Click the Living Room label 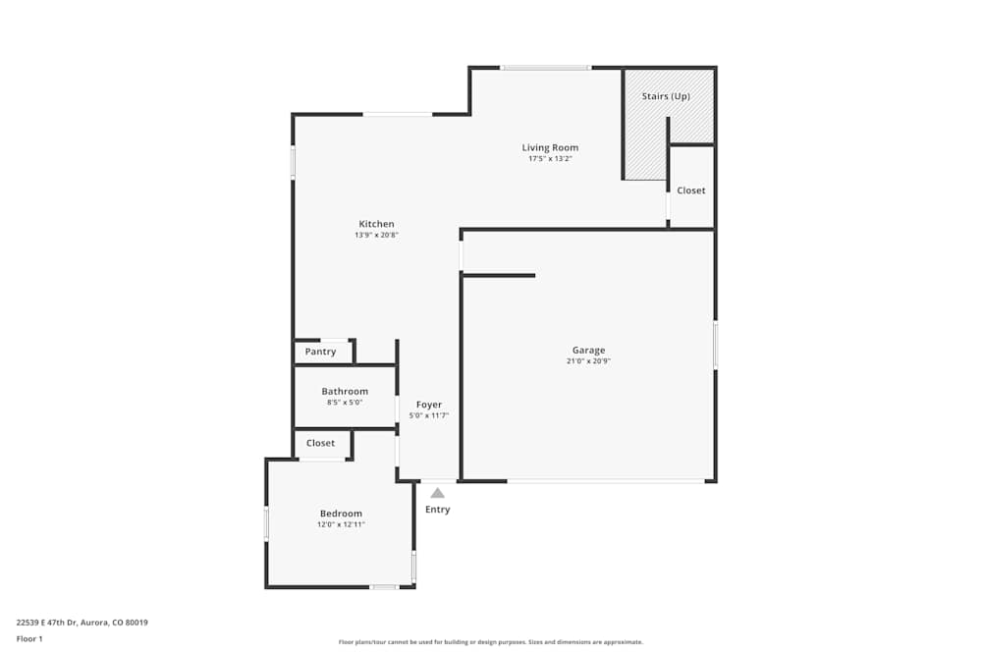click(550, 147)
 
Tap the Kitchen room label click(376, 224)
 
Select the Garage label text click(589, 350)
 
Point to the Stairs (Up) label click(666, 96)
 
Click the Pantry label click(320, 352)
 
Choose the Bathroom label click(345, 391)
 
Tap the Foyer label click(429, 405)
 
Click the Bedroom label click(341, 514)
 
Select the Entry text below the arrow click(438, 510)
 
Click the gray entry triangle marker click(437, 493)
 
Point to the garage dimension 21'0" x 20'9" click(589, 361)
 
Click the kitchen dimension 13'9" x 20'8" click(376, 236)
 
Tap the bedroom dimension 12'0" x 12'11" click(341, 525)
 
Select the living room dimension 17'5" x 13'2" click(550, 159)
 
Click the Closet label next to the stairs click(691, 191)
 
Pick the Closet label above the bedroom click(320, 443)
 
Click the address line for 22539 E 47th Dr click(82, 622)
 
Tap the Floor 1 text click(29, 638)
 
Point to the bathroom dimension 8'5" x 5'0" click(345, 403)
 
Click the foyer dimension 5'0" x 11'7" click(429, 416)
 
